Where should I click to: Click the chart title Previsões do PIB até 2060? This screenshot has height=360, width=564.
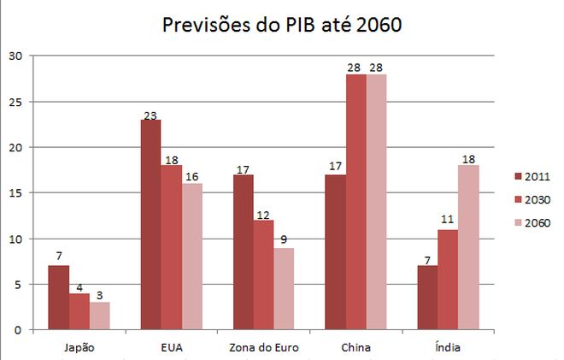pyautogui.click(x=281, y=25)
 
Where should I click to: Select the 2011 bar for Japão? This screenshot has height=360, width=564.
pyautogui.click(x=59, y=298)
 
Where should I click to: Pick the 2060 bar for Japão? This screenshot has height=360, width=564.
pyautogui.click(x=100, y=316)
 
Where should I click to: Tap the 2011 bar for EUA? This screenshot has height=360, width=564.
pyautogui.click(x=151, y=225)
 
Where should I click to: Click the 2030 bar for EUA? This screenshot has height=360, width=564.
pyautogui.click(x=172, y=247)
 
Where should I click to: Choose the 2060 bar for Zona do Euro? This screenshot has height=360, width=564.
pyautogui.click(x=285, y=288)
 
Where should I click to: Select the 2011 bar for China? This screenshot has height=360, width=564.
pyautogui.click(x=336, y=252)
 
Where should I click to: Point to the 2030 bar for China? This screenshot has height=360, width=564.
pyautogui.click(x=356, y=202)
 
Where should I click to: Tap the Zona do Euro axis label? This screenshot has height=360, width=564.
pyautogui.click(x=264, y=347)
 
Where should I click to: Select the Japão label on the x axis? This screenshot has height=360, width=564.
pyautogui.click(x=79, y=347)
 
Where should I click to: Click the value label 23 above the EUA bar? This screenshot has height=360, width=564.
pyautogui.click(x=151, y=113)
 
